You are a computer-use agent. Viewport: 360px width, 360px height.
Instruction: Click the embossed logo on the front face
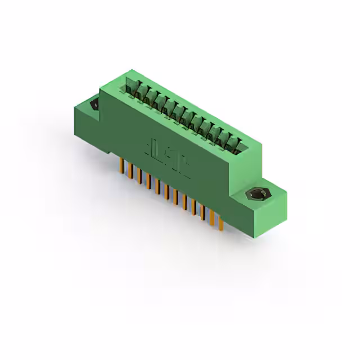[x=167, y=156]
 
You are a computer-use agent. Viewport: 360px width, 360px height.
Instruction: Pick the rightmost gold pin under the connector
[x=220, y=222]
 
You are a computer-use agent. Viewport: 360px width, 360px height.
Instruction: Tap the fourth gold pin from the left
[x=148, y=180]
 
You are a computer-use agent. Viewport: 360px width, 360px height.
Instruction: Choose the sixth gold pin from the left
[x=166, y=191]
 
